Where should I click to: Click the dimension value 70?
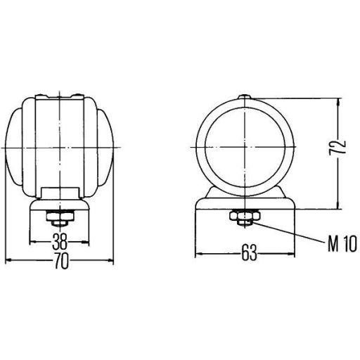(x=60, y=261)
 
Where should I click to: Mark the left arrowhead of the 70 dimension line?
(x=8, y=261)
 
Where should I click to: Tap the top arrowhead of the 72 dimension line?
(x=337, y=100)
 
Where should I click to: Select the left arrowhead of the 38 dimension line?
(x=32, y=243)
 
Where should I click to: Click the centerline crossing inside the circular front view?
(x=243, y=146)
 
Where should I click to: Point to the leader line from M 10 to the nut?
(x=288, y=235)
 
